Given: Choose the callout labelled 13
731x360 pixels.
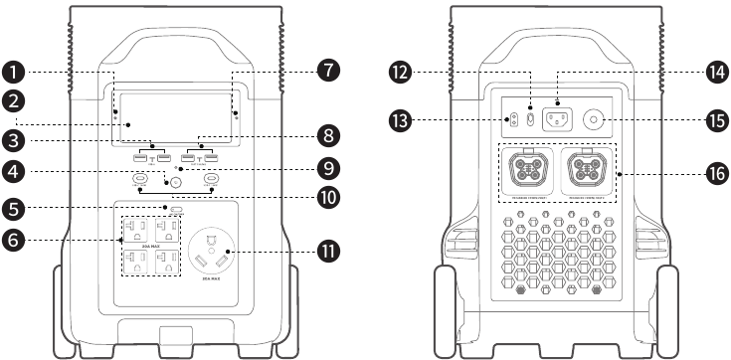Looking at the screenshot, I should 401,120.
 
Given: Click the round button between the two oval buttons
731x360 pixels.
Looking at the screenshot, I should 175,183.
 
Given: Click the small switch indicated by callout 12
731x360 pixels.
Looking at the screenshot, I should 530,119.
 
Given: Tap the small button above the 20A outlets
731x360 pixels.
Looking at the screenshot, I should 177,211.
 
